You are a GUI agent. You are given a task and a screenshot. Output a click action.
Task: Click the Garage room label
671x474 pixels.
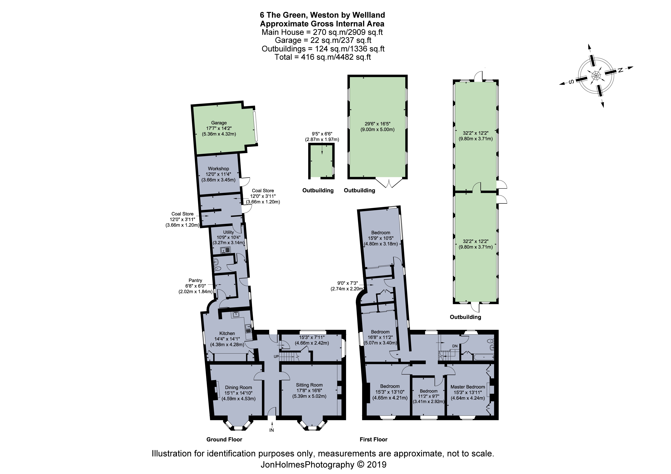(219, 123)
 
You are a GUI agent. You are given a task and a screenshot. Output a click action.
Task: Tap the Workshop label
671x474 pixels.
(218, 169)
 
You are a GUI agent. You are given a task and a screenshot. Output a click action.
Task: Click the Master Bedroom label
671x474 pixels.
(468, 387)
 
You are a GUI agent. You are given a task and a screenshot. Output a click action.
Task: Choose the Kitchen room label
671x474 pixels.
(227, 333)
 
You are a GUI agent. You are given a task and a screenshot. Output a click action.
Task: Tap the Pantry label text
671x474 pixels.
(195, 280)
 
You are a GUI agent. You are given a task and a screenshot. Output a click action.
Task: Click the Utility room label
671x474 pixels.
(229, 232)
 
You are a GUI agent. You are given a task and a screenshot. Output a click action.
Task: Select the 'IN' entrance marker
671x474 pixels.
(271, 430)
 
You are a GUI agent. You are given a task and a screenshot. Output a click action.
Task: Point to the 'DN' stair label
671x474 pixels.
(455, 346)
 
